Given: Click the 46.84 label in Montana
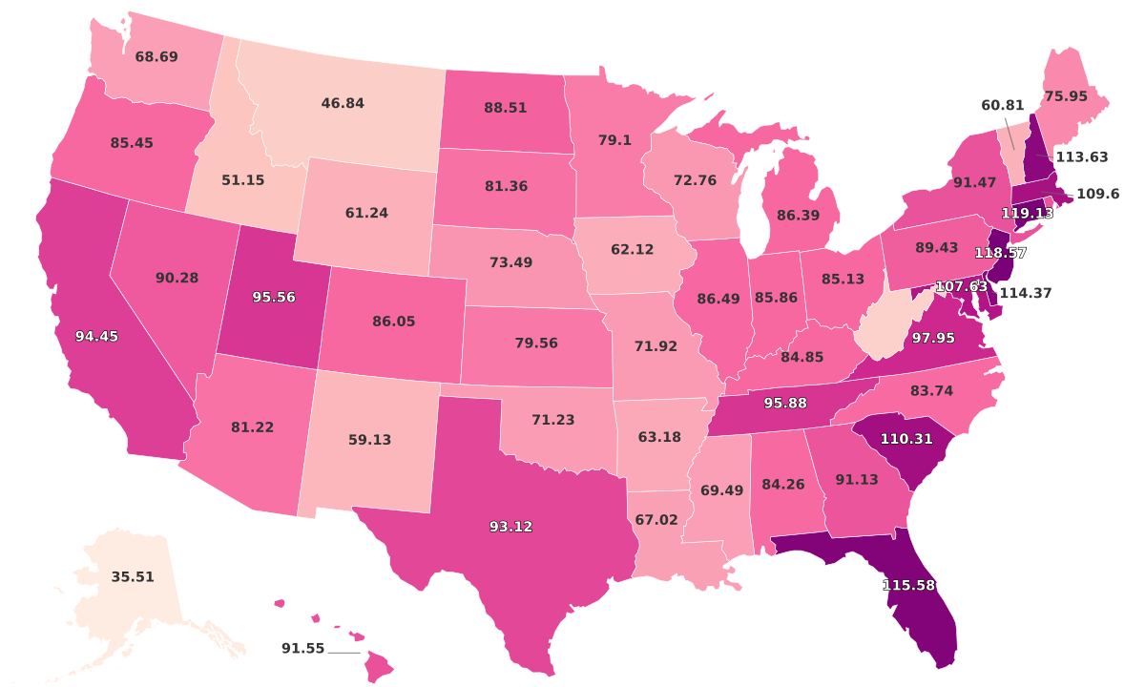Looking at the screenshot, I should pos(343,103).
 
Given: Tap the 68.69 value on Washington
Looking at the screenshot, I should pos(156,57).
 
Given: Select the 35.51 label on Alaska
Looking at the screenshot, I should pos(133,577).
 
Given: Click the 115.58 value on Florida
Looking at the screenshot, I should pos(908,585).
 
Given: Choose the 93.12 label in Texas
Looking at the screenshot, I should pos(511,527).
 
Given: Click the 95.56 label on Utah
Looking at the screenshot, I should pos(274,298).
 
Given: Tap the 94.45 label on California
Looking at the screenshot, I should pos(97,336).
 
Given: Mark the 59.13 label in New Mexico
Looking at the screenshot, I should pos(368,441).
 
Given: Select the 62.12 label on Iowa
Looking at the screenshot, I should pos(633,250).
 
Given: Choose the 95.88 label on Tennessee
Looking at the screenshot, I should pos(786,404).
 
